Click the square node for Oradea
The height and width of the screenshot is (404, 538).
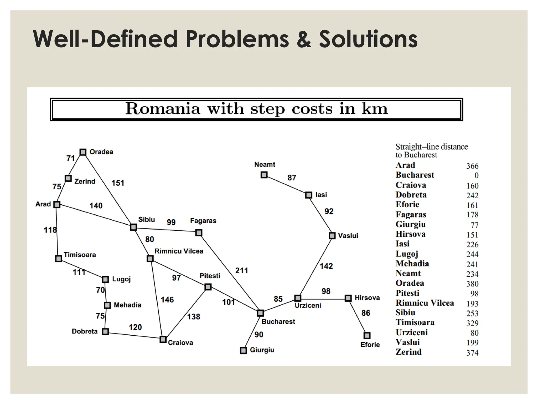coord(83,152)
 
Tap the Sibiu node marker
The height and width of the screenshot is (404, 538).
coord(133,227)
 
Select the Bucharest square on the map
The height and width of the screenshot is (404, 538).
coord(260,313)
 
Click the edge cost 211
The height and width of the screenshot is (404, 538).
coord(241,270)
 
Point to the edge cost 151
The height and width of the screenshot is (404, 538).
coord(118,183)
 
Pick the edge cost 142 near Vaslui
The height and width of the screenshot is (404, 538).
coord(326,266)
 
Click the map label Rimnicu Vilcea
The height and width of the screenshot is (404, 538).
coord(179,251)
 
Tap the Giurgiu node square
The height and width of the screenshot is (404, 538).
coord(244,350)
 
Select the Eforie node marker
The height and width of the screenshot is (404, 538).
coord(367,336)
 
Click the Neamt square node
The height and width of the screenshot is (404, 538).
coord(264,175)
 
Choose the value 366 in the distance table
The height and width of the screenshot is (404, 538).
coord(472,166)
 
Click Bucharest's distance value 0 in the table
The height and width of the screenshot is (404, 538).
coord(477,175)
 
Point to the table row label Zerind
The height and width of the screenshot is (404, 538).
coord(408,352)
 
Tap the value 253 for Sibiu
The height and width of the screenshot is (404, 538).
coord(472,313)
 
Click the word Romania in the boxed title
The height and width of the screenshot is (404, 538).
coord(163,109)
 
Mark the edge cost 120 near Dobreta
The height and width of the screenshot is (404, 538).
coord(135,327)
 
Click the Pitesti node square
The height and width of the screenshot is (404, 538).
coord(208,287)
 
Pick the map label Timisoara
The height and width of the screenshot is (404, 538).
coord(80,255)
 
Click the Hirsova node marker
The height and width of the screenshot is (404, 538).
coord(348,298)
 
